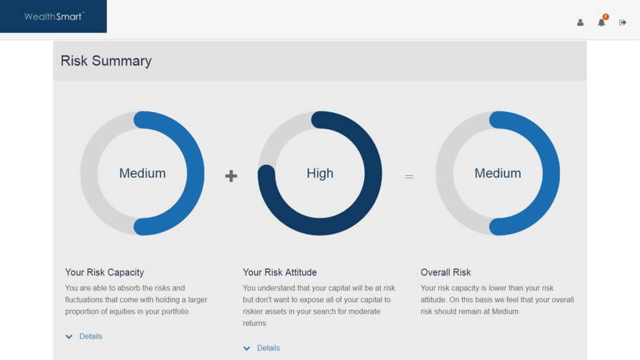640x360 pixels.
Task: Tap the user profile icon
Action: click(x=580, y=22)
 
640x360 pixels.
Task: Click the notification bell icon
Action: click(x=601, y=23)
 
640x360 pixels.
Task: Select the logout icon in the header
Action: click(x=623, y=22)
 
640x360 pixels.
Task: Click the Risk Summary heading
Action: click(x=106, y=61)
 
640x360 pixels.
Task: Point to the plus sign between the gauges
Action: click(x=231, y=176)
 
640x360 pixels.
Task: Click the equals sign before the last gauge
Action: click(x=409, y=176)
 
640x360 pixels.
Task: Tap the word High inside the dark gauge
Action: click(x=320, y=173)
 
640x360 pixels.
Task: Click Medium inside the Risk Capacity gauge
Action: click(x=143, y=173)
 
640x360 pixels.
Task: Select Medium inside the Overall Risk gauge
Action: click(x=497, y=173)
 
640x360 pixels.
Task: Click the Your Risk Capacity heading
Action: click(x=105, y=272)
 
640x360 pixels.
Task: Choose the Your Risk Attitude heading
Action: click(x=280, y=272)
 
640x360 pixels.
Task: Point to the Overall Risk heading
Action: click(x=445, y=272)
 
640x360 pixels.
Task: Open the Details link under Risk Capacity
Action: click(x=91, y=336)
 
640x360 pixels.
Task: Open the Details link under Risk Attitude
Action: click(x=268, y=348)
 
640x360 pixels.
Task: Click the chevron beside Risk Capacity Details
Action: click(x=69, y=337)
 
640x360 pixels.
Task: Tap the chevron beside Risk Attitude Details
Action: click(x=246, y=348)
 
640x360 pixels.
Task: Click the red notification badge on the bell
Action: click(x=606, y=17)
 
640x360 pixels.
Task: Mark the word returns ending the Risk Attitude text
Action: click(x=254, y=323)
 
